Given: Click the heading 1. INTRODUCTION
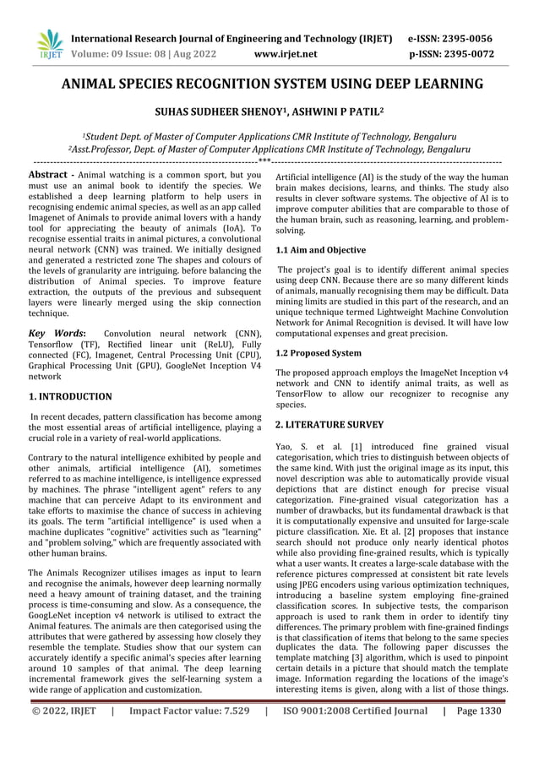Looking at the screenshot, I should pyautogui.click(x=70, y=396).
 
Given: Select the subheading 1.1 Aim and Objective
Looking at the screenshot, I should pyautogui.click(x=321, y=251).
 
